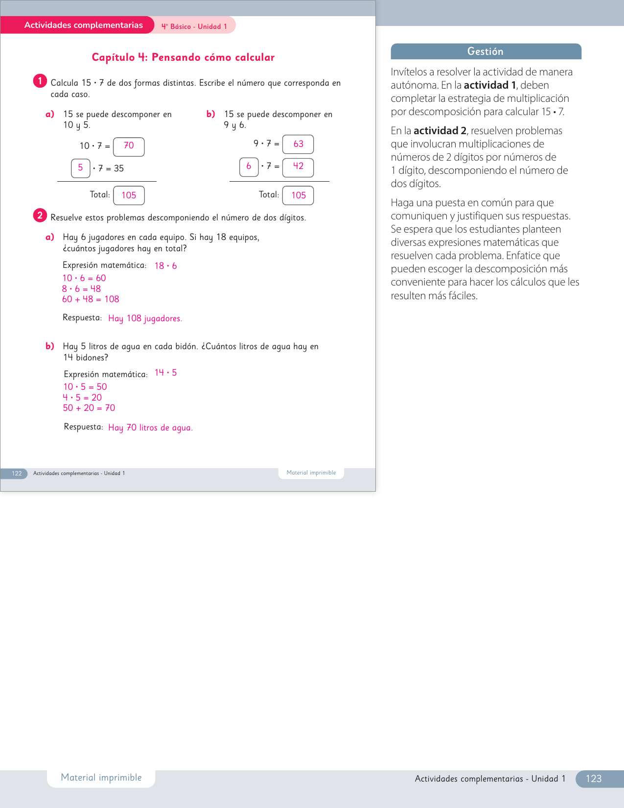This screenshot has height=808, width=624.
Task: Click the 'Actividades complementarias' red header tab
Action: (x=83, y=25)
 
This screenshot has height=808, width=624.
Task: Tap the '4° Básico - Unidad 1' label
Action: (x=194, y=26)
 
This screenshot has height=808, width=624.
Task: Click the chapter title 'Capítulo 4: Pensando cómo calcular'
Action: (x=183, y=57)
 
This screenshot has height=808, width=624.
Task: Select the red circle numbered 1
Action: (x=40, y=81)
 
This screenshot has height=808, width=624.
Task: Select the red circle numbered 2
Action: (x=40, y=215)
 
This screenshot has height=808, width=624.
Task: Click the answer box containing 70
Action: (x=129, y=146)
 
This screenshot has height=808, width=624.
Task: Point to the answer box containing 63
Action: (x=298, y=144)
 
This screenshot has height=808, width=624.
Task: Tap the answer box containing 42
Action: (x=298, y=167)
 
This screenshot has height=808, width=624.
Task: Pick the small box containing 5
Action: (x=81, y=168)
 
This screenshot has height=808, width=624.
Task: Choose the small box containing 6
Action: (x=249, y=167)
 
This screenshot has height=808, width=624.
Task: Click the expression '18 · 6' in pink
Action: (x=165, y=266)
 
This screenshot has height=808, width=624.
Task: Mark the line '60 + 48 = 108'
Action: (x=91, y=299)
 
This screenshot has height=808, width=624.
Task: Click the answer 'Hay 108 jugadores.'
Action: (x=145, y=318)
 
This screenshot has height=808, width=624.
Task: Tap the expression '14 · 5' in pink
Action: (x=165, y=373)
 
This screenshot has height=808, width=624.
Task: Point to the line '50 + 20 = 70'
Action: (x=89, y=408)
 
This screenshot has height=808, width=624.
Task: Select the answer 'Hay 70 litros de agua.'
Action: (x=150, y=428)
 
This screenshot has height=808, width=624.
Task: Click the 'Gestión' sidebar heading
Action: (x=485, y=51)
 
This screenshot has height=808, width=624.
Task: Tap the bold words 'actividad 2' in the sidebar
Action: (x=439, y=131)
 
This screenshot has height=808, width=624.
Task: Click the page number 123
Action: (x=594, y=779)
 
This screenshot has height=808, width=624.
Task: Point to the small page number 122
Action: (x=17, y=474)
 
